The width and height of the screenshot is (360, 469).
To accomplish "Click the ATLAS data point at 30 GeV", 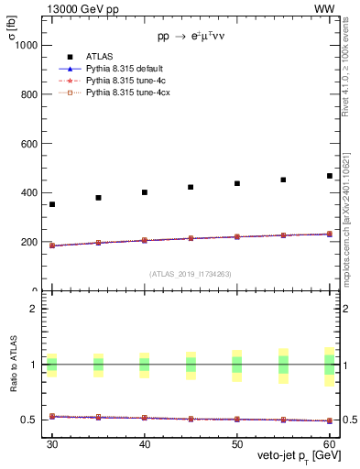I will tap(52, 204).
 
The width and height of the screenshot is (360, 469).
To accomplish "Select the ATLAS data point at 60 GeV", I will tap(330, 176).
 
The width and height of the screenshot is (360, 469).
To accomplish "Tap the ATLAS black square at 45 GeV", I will tap(191, 187).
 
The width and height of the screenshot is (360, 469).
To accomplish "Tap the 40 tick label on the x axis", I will tap(145, 442).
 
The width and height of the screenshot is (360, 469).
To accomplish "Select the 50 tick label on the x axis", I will tap(237, 442).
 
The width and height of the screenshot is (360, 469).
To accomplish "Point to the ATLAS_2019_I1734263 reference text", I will tap(190, 274).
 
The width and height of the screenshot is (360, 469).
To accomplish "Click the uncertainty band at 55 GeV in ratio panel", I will tap(283, 364).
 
